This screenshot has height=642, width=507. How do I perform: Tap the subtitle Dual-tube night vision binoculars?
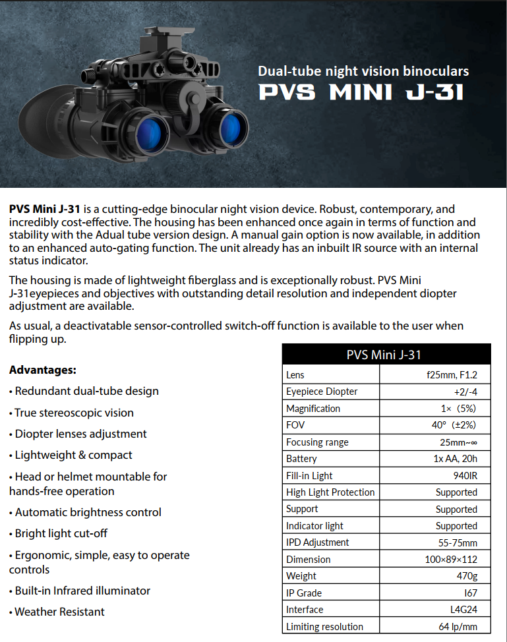pyautogui.click(x=363, y=71)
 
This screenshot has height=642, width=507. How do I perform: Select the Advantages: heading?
pyautogui.click(x=43, y=369)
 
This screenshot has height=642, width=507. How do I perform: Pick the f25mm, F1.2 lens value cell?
pyautogui.click(x=452, y=374)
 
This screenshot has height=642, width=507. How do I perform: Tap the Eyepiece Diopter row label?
pyautogui.click(x=322, y=392)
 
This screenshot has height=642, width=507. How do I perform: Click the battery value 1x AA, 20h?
pyautogui.click(x=454, y=459)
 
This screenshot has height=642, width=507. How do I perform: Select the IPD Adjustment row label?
pyautogui.click(x=318, y=542)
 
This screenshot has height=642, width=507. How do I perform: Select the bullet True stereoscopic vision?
pyautogui.click(x=74, y=413)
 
